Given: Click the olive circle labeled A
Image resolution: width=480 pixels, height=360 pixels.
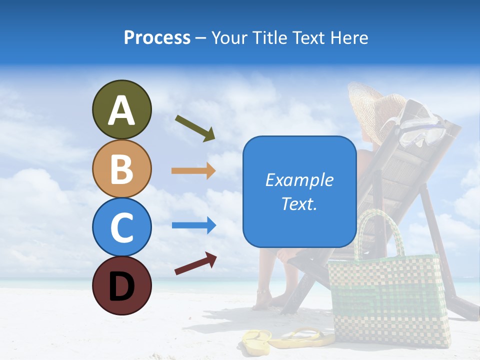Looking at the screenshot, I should (121, 110).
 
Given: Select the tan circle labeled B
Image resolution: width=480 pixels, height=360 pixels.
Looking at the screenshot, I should (121, 169).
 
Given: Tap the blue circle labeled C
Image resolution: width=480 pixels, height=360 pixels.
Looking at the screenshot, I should (121, 227).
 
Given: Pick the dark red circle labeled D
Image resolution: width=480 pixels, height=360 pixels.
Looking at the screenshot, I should (121, 285).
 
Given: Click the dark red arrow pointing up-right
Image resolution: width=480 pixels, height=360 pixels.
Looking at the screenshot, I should (195, 263).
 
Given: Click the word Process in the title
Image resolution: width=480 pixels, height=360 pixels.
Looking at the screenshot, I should (157, 38).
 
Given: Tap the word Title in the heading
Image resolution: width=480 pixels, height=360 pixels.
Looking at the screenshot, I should (268, 38).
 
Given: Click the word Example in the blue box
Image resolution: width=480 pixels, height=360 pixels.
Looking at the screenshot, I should (299, 180).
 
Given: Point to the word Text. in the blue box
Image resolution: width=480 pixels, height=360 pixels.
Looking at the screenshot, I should (299, 203).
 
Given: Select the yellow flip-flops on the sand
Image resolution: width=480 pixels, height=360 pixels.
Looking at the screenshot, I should (287, 338).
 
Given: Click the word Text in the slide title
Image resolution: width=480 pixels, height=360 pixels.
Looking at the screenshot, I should (309, 38).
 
